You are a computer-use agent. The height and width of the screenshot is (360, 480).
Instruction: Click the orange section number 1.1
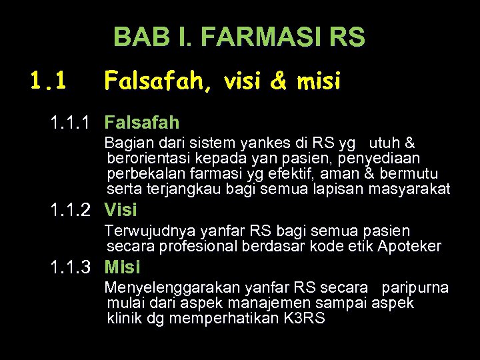(x=47, y=81)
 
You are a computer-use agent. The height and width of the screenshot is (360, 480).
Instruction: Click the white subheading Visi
(x=121, y=210)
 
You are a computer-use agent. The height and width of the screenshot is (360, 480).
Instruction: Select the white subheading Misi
(x=123, y=267)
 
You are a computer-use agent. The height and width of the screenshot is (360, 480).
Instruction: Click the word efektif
(x=293, y=174)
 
